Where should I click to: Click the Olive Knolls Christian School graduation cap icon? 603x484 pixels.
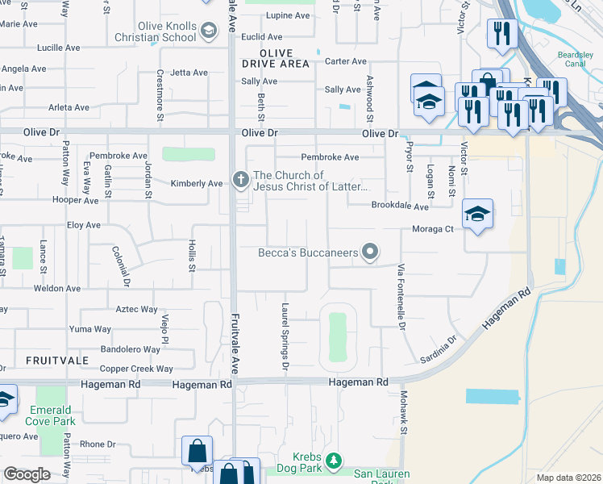click(209, 31)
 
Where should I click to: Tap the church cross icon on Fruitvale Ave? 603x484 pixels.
click(240, 180)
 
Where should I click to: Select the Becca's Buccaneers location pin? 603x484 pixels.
click(370, 253)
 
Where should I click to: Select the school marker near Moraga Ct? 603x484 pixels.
click(477, 215)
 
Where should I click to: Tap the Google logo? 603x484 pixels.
click(27, 474)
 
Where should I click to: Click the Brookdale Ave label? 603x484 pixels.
click(399, 206)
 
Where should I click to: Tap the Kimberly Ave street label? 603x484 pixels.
click(196, 184)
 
